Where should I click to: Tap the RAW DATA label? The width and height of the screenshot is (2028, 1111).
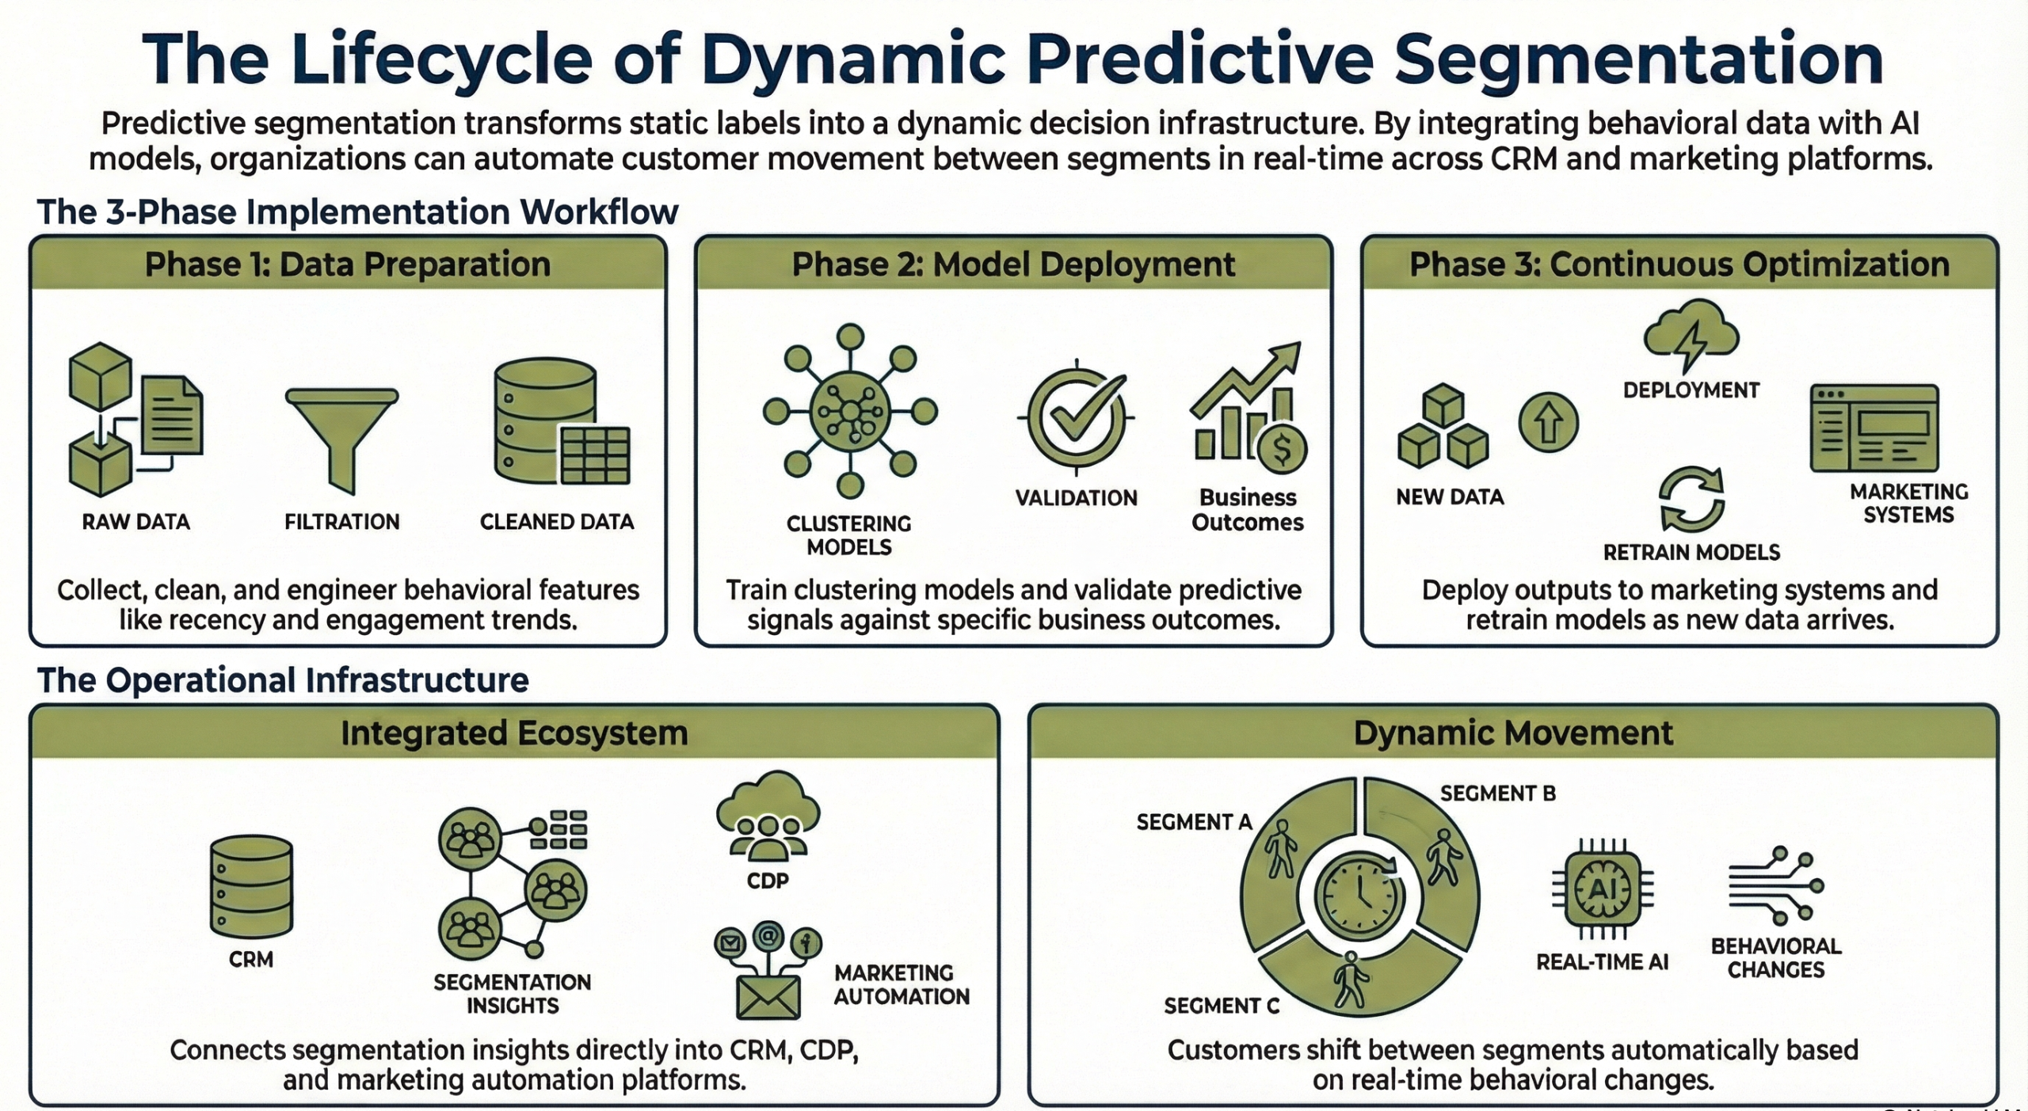pos(136,522)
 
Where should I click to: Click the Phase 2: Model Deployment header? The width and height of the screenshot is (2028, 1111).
pos(1013,264)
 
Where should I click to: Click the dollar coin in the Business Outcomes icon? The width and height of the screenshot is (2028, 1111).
pos(1281,450)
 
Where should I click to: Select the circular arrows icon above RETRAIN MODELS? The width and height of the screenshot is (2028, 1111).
pos(1691,500)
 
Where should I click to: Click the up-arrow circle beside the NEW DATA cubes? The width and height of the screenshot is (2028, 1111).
pos(1548,423)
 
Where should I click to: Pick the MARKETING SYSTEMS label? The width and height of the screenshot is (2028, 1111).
pos(1908,504)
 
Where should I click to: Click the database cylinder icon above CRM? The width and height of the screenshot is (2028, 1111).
pos(251,886)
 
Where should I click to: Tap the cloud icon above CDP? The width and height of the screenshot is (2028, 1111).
pos(768,816)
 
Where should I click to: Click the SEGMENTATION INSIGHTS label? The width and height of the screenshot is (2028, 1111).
pos(512,994)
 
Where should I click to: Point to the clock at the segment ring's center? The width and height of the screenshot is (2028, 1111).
pos(1359,896)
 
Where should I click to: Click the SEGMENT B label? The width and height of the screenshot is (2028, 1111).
pos(1497,793)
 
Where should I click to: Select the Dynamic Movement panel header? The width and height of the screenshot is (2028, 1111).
pos(1513,733)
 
